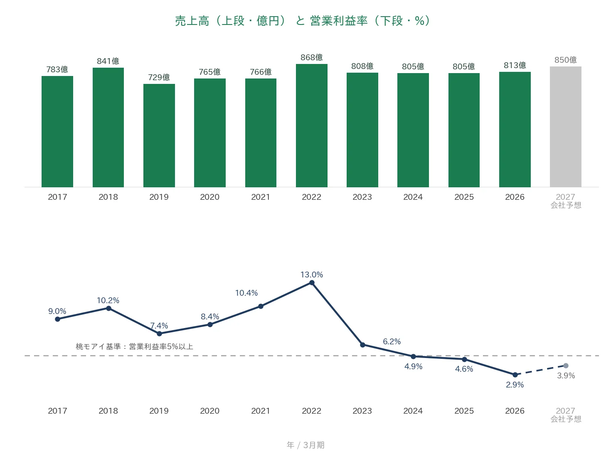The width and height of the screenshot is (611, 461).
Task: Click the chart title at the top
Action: pos(303,21)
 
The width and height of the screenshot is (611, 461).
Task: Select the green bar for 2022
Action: pos(311,125)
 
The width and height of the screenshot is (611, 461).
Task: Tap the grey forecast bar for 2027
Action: pos(565,127)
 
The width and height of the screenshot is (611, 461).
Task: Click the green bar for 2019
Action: pos(159,135)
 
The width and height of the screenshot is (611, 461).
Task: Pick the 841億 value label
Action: pos(108,61)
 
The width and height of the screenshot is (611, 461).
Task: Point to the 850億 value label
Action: pos(565,60)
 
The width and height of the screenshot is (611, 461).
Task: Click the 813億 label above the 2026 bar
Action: pos(515,65)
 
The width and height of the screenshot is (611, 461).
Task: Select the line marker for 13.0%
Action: pos(312,283)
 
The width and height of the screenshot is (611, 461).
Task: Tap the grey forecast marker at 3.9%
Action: pos(566,365)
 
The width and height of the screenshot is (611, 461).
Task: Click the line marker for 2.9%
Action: pos(515,375)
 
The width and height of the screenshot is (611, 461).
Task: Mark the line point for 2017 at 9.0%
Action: pos(58,319)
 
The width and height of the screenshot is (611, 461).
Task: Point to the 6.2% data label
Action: pos(392,341)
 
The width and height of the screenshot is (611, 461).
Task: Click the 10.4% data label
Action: pos(246,293)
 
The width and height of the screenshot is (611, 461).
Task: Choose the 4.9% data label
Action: pos(414,366)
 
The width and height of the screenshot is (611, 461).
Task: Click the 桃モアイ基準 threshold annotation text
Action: pos(134,346)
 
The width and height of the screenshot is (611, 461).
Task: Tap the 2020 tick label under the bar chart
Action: pos(209,197)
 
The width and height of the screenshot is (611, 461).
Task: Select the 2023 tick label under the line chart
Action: pos(362,411)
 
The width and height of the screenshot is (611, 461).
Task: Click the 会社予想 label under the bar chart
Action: pos(566,205)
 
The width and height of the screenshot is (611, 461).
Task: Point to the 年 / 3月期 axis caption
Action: pos(305,445)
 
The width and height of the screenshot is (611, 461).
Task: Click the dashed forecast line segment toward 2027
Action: pos(540,370)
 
